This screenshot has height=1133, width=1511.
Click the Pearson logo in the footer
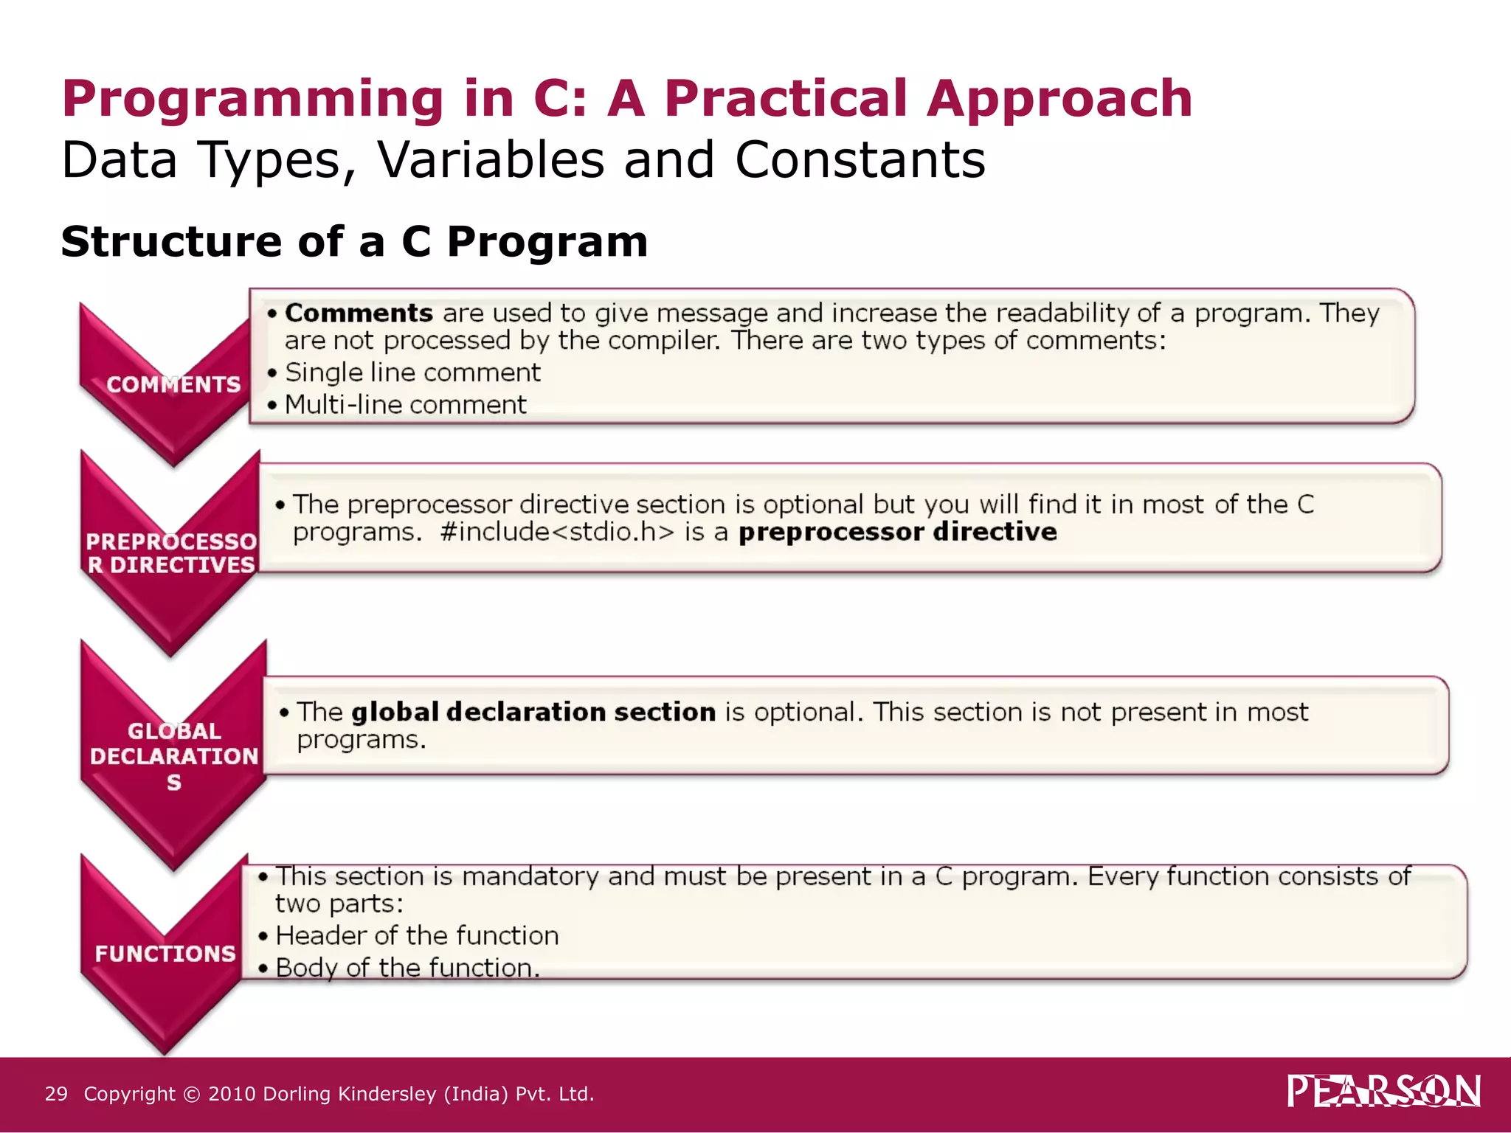pos(1383,1091)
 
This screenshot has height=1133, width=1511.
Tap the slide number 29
pos(56,1094)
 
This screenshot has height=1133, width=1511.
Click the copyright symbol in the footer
pos(192,1095)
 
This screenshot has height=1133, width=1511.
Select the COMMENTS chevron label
pos(173,384)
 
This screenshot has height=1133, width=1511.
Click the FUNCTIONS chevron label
pos(165,953)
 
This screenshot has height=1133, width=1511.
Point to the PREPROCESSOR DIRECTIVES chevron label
pos(171,553)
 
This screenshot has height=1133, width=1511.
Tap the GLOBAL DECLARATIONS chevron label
pos(174,756)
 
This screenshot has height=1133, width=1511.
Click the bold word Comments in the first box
pos(359,313)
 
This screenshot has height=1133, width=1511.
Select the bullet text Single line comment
pos(412,373)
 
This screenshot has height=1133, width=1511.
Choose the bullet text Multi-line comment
pos(405,405)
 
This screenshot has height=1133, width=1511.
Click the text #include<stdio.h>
pos(557,532)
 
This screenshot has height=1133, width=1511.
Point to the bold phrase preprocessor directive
pos(897,532)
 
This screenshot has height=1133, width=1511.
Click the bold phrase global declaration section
pos(533,712)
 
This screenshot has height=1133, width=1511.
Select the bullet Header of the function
pos(417,936)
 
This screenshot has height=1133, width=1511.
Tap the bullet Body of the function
pos(407,968)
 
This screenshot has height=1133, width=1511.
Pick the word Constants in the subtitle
pos(860,159)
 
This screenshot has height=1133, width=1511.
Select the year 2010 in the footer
pos(232,1094)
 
